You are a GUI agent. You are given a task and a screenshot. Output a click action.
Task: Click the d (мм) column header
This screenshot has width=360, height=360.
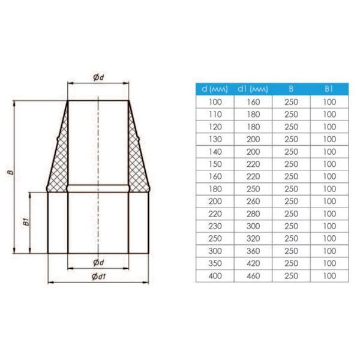(x=215, y=89)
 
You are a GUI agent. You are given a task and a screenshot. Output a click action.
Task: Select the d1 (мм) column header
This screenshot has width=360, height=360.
(x=253, y=89)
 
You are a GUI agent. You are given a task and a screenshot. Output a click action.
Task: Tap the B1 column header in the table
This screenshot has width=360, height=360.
(x=329, y=89)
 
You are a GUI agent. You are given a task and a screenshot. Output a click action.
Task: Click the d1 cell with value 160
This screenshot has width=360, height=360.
(x=253, y=102)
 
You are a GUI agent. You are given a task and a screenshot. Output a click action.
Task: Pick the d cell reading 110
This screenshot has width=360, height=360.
(x=215, y=115)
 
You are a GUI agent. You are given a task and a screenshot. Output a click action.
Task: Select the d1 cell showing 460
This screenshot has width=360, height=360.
(x=253, y=276)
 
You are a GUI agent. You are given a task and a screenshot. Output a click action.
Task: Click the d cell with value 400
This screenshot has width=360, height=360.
(x=215, y=276)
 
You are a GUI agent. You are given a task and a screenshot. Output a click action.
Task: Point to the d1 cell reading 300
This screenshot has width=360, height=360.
(x=253, y=226)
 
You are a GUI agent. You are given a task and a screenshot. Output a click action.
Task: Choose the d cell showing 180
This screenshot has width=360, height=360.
(x=215, y=189)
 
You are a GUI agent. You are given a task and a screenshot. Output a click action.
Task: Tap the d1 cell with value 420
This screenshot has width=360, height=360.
(x=253, y=263)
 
